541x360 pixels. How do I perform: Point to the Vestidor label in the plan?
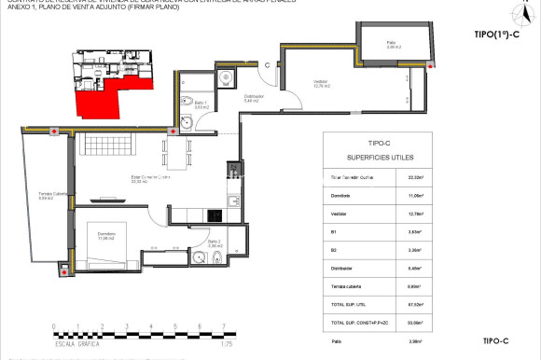(321, 85)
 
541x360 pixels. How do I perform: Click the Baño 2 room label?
(213, 243)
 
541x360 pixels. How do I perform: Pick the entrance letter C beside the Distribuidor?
(267, 65)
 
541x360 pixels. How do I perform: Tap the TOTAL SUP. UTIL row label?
(351, 303)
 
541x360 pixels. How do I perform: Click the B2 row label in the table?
(333, 250)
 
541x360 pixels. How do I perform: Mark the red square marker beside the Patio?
(430, 65)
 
